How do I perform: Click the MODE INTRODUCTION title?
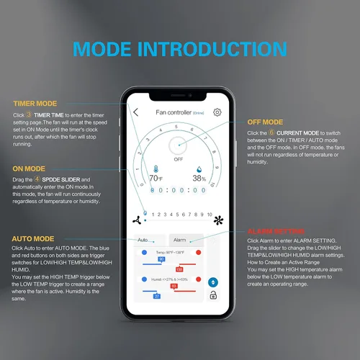point(179,50)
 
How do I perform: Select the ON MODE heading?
point(29,168)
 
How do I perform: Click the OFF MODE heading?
point(265,122)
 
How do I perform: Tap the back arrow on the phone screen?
point(136,112)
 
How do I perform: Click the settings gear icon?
point(217,112)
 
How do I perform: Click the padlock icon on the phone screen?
point(212,295)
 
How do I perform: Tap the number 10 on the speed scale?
point(208,215)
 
